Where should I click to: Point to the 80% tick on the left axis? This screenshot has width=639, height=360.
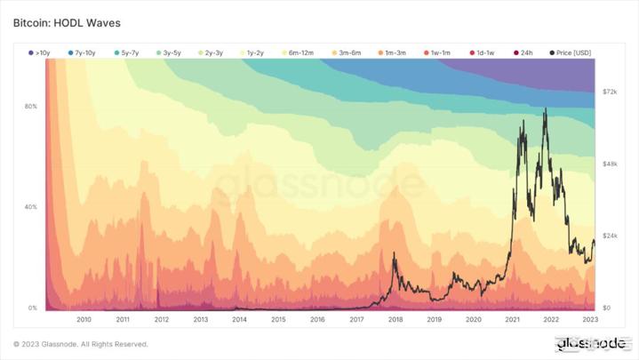(x=31, y=107)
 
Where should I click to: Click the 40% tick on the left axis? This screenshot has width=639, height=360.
(x=31, y=207)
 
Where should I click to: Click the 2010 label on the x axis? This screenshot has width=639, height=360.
(x=84, y=318)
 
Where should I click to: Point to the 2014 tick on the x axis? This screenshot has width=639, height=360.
(x=240, y=318)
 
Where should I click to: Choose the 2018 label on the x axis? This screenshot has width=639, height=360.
(x=395, y=318)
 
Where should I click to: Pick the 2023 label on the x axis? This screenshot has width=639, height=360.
(x=590, y=318)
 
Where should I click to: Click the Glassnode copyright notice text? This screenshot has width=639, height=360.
(x=81, y=344)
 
